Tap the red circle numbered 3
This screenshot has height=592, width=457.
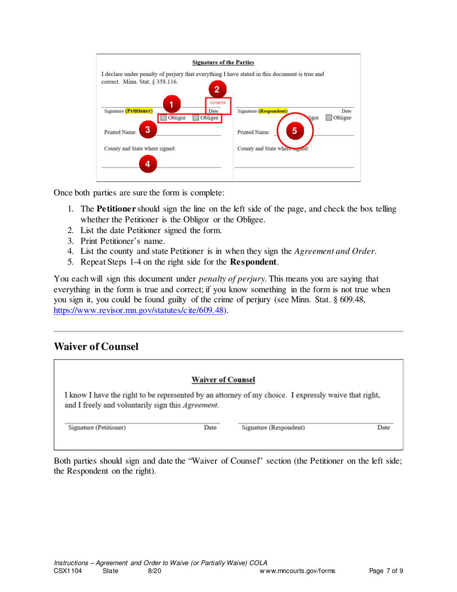[x=148, y=129]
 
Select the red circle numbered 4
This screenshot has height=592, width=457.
[x=148, y=164]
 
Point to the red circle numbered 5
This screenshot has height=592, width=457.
[x=294, y=129]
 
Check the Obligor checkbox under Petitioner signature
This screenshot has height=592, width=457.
[x=164, y=117]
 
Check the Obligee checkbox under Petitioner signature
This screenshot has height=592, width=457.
[x=196, y=117]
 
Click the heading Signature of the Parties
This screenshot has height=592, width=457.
[x=223, y=62]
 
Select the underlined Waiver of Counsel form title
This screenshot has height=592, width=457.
[x=223, y=380]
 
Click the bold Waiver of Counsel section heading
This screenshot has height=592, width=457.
[x=96, y=347]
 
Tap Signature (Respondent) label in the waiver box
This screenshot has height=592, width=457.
[x=273, y=427]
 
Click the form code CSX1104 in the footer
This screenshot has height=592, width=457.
[x=68, y=571]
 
